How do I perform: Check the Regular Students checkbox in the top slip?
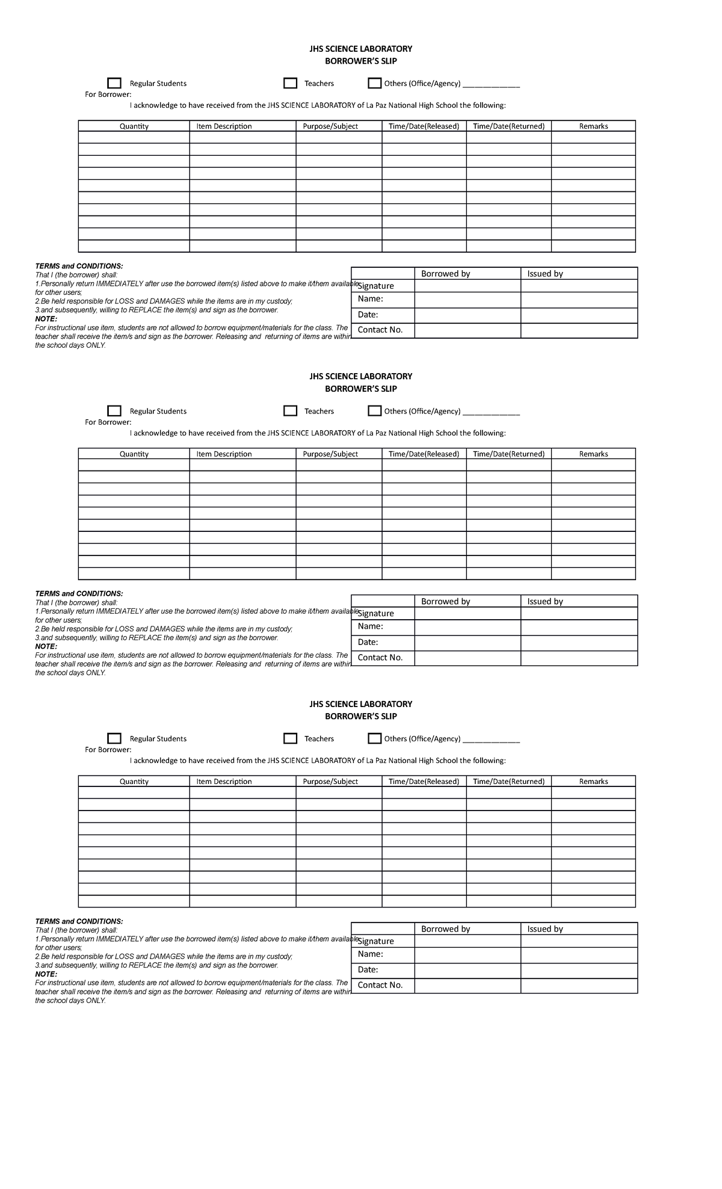[x=114, y=83]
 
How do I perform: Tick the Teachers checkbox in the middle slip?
[x=290, y=411]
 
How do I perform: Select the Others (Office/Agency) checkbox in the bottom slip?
[x=375, y=738]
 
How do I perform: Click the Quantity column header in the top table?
[x=134, y=126]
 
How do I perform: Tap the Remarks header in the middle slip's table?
[x=593, y=454]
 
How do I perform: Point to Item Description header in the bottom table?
[x=224, y=782]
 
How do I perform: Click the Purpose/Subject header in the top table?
[x=330, y=126]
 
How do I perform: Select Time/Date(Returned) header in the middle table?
[x=508, y=454]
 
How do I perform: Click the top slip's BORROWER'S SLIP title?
[x=360, y=61]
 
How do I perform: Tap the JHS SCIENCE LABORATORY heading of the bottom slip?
[x=360, y=704]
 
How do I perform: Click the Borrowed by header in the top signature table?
[x=445, y=274]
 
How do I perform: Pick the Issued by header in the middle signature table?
[x=545, y=602]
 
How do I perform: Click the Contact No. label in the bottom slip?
[x=380, y=985]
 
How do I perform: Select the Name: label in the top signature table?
[x=370, y=299]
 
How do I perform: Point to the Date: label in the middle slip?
[x=368, y=642]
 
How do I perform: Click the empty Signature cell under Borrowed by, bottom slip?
[x=467, y=941]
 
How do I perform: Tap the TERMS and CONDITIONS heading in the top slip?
[x=79, y=266]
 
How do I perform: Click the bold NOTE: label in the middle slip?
[x=46, y=647]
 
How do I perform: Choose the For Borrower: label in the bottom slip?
[x=108, y=750]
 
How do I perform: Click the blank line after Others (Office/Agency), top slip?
[x=490, y=85]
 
